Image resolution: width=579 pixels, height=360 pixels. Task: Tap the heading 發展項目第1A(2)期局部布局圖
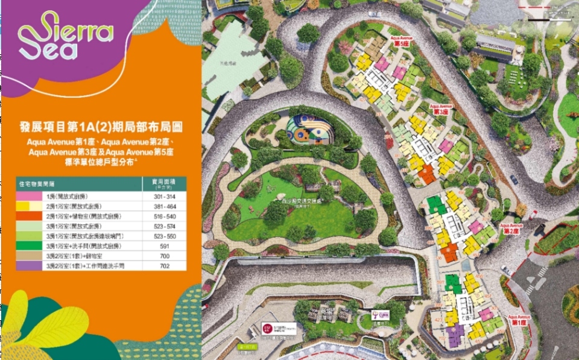coord(101,127)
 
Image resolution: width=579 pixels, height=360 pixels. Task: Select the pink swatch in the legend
coord(30,197)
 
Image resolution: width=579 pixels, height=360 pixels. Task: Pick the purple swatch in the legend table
coord(30,265)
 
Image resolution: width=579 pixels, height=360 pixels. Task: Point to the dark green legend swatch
coord(30,245)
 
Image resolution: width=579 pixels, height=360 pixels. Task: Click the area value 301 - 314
coord(164,197)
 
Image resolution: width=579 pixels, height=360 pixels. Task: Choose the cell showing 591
coord(164,245)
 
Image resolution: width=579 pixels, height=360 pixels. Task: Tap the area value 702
coord(164,265)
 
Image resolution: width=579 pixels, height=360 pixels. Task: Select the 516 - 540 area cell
coord(164,216)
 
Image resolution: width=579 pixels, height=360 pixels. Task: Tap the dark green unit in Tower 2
coord(434,204)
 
